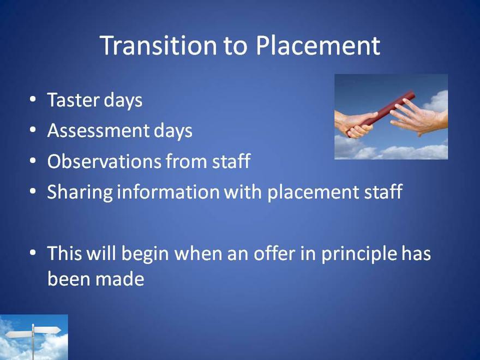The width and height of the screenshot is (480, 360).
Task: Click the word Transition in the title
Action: pos(158,45)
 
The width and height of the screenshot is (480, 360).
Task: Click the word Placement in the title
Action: pos(318,45)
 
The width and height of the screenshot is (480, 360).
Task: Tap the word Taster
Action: pos(73,100)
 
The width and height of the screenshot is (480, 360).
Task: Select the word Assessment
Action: pos(98,130)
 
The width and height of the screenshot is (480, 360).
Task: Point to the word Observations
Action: pos(104,161)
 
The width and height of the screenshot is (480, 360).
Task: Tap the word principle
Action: pos(359,254)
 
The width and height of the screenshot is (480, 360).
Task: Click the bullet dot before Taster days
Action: pos(33,99)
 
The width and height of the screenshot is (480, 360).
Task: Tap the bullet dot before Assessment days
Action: pos(33,130)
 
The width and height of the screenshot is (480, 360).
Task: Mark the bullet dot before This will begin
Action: pos(33,253)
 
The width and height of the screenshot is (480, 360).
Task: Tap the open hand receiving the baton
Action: pos(419,118)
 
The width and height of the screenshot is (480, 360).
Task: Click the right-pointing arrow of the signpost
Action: pos(47,331)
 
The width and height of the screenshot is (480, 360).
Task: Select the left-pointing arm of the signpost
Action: pos(19,334)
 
